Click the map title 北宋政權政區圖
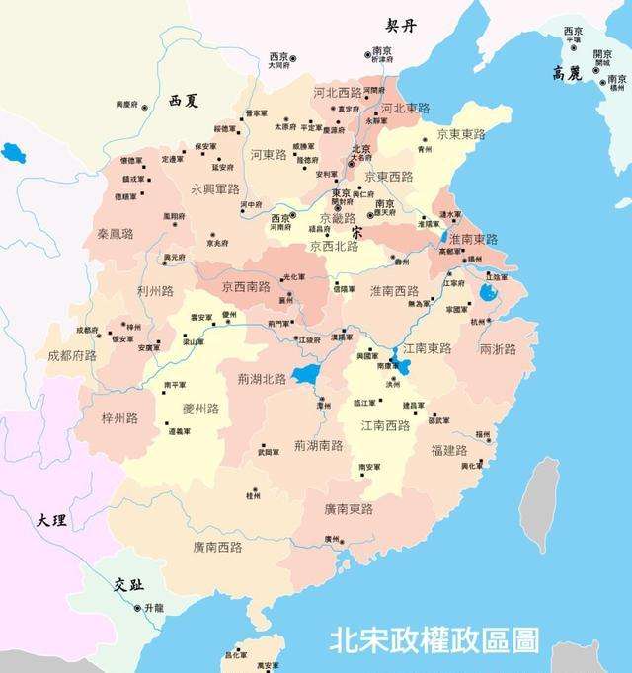point(434,640)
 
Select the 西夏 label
point(184,101)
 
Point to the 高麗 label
point(572,73)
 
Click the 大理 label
point(50,520)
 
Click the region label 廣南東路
point(349,509)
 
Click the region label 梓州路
point(119,418)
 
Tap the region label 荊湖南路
point(318,446)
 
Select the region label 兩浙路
point(498,349)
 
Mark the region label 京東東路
point(460,134)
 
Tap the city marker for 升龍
point(138,608)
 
